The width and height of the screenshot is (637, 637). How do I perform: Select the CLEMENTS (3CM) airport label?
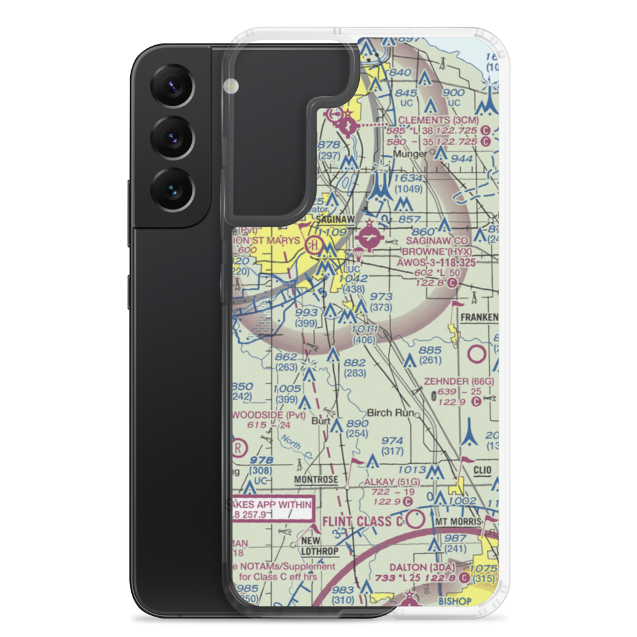coord(435,119)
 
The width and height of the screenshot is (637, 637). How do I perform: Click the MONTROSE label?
coord(316,479)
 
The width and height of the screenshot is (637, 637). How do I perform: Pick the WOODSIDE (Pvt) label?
coord(268,415)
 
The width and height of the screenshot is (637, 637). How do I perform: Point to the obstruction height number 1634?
coord(408,178)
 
